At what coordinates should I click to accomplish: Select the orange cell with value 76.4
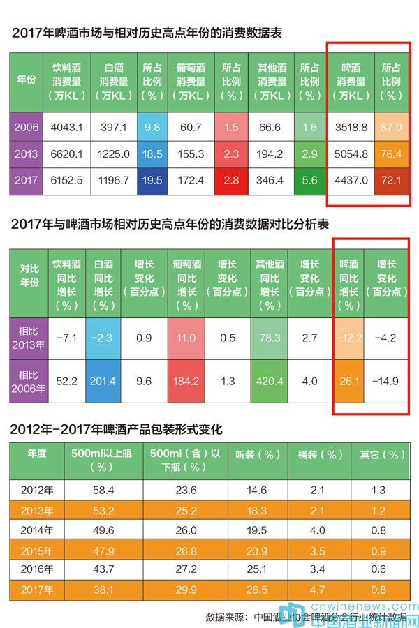click(390, 154)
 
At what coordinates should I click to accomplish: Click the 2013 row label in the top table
click(27, 154)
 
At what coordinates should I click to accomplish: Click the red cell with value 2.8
click(231, 180)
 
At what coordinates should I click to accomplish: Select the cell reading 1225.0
click(113, 154)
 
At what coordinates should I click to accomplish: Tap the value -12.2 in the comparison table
click(349, 338)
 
